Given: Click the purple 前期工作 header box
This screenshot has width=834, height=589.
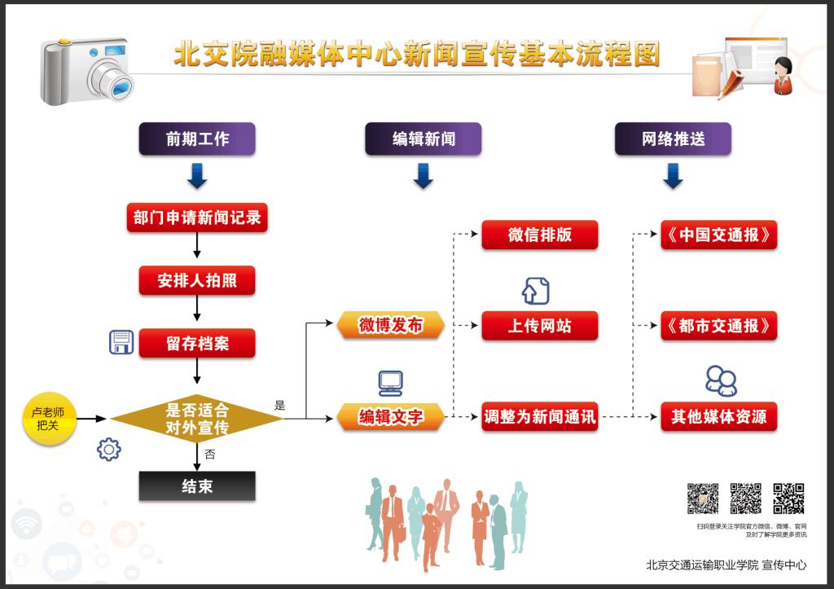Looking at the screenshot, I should point(197,139).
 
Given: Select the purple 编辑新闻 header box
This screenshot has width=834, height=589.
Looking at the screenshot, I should point(424,139).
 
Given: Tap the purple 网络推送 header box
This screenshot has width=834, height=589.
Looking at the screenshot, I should point(673,139).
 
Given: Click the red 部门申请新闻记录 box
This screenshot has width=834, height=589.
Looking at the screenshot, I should point(197,218).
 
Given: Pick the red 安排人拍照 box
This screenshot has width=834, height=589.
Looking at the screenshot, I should point(197,280).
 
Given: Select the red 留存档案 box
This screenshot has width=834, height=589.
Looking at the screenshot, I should point(197,343).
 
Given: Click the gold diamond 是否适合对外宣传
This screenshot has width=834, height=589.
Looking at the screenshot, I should point(197,419).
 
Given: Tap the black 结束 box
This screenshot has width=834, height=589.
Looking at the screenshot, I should point(197,486).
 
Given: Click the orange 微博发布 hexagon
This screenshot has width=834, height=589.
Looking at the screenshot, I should point(391,325).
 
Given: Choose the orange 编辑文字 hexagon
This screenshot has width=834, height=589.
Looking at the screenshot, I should point(391,417).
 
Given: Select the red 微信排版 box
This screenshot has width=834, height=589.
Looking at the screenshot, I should point(540,235).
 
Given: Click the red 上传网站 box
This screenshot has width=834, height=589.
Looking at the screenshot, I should point(540,325).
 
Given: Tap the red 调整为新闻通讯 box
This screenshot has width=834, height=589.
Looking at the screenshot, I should point(540,417).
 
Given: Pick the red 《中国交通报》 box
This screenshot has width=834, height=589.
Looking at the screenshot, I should point(718,235).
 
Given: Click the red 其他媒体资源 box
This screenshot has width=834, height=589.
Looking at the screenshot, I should point(718,417).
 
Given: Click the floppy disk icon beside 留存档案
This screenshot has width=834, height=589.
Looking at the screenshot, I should point(121,342).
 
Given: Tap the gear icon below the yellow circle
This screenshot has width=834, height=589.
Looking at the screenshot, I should point(108,449).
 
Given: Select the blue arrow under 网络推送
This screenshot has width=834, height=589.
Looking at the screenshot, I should point(673,176).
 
